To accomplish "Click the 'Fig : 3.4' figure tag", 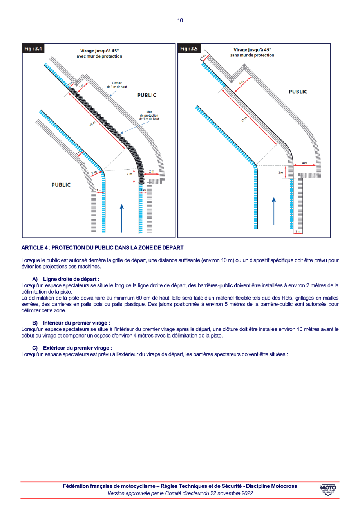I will point(33,49).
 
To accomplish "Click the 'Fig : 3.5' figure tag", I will point(189,49).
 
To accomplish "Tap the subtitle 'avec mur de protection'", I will point(99,56).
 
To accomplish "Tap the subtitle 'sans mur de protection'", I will point(252,55).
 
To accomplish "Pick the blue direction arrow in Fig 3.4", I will point(122,218).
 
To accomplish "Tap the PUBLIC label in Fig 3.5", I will point(298,92).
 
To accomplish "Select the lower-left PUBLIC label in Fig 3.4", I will point(61,185).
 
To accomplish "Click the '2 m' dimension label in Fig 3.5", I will point(280,172).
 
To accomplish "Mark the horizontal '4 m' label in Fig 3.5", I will point(304,162).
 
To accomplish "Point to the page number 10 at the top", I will point(180,20).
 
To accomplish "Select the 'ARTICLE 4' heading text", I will point(102,248).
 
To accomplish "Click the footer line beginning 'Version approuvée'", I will point(180,494).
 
